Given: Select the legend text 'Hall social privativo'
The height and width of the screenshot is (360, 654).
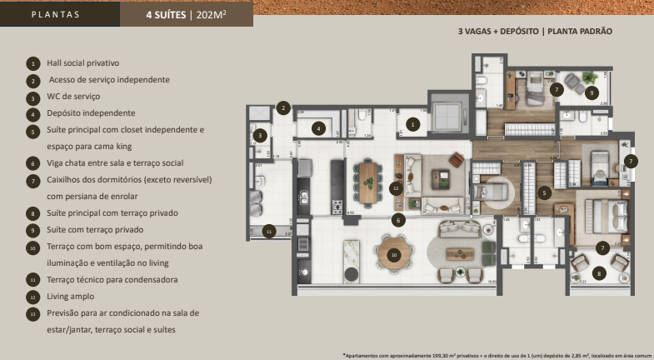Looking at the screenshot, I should coord(82,62).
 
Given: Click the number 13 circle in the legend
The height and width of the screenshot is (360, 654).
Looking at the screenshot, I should coord(32,313).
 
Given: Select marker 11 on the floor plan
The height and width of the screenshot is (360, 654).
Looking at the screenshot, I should coord(268,231).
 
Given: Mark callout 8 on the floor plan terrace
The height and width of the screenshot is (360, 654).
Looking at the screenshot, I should coord(597,272).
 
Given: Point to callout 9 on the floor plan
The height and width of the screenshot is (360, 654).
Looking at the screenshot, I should coord(591,92).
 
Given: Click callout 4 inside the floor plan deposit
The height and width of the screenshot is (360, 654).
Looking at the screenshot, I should coord(318,128).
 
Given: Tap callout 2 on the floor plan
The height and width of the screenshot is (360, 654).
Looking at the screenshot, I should coord(283,107).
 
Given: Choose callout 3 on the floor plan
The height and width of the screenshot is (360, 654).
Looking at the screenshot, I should coord(261,135).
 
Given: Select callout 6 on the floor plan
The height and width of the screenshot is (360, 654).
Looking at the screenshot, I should coord(399,220).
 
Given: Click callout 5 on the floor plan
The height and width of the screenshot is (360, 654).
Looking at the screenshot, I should coord(545,192).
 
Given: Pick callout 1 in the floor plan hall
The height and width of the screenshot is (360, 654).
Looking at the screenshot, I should coord(412,125).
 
